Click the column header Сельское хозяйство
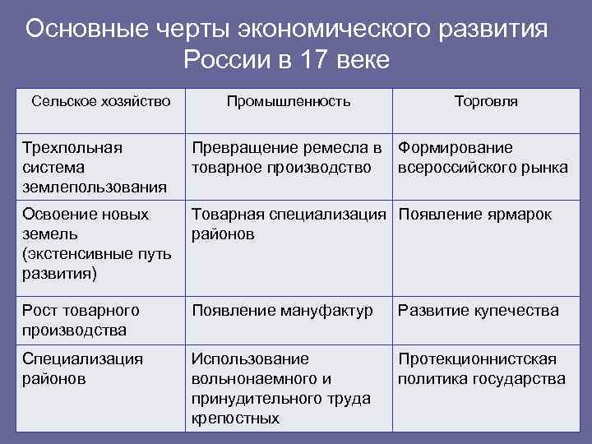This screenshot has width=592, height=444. point(101,101)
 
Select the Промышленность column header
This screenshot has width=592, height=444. point(288,101)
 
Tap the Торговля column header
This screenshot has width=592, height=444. point(486,101)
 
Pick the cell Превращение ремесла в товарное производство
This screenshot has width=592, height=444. point(287,158)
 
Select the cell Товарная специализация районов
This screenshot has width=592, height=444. point(289,224)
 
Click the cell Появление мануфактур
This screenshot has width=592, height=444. point(283,311)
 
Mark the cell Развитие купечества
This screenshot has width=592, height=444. point(478,311)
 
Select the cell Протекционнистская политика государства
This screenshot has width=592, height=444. point(482,369)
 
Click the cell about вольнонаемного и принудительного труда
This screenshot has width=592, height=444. point(280,389)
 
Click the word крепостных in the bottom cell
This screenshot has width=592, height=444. point(235,419)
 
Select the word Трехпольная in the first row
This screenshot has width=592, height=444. point(72,148)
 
